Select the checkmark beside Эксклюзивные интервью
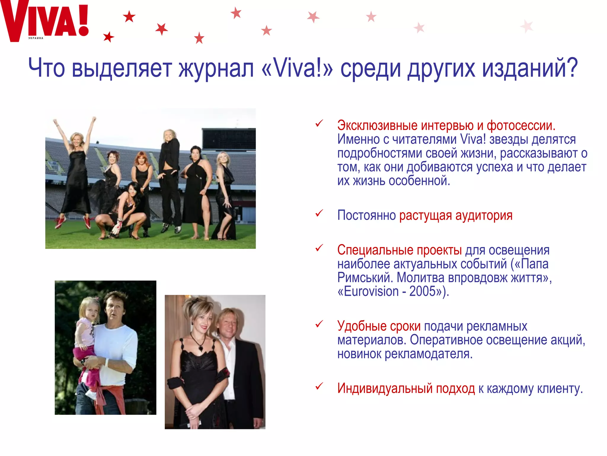319,123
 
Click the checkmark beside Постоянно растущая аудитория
319,213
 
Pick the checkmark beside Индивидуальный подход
319,386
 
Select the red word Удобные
362,326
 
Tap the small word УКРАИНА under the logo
36,38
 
